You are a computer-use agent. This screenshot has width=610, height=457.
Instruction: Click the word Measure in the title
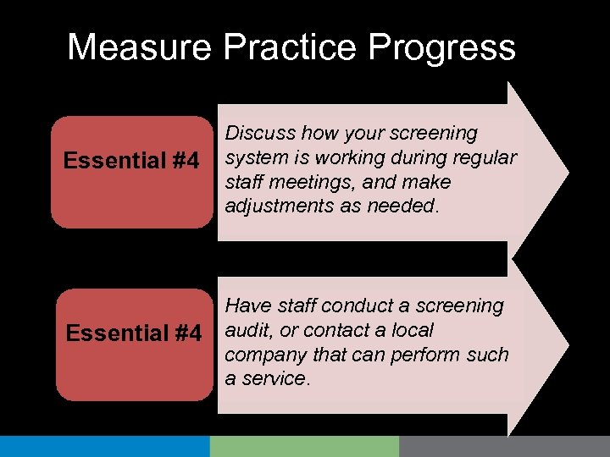140,47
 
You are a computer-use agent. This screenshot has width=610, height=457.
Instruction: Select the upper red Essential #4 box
131,172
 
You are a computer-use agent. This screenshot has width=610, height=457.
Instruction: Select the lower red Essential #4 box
134,343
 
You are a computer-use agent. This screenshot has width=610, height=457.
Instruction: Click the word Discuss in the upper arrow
259,133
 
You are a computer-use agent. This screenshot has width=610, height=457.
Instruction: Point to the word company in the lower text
265,354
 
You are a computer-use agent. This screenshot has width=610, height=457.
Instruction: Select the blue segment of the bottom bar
104,446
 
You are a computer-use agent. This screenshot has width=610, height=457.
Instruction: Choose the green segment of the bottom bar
304,446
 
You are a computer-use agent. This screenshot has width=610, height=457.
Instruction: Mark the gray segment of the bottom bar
504,446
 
